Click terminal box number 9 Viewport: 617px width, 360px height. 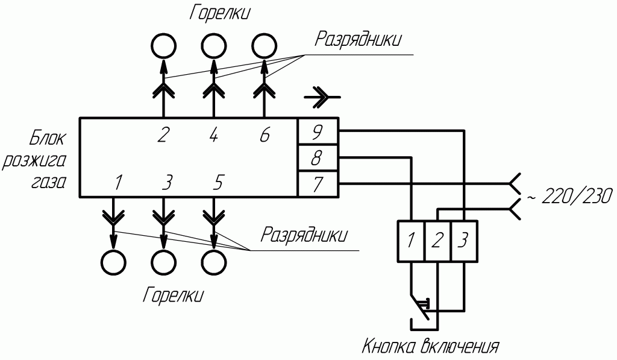[318, 130]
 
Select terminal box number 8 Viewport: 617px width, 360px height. [318, 158]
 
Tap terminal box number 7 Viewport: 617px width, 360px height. [318, 183]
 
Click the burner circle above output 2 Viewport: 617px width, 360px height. [163, 45]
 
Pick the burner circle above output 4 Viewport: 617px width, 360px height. [213, 45]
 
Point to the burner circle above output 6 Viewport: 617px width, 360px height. [263, 45]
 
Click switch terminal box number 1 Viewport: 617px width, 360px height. [410, 241]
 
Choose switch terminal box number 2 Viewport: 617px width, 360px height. [437, 241]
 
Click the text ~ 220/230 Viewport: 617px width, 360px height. [569, 196]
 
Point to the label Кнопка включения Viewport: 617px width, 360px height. [430, 347]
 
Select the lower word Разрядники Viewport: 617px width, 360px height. [304, 235]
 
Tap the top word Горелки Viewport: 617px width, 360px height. [219, 13]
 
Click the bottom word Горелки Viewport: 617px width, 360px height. [173, 295]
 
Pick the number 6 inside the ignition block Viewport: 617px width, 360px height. [264, 135]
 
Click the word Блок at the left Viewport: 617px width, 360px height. [48, 139]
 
